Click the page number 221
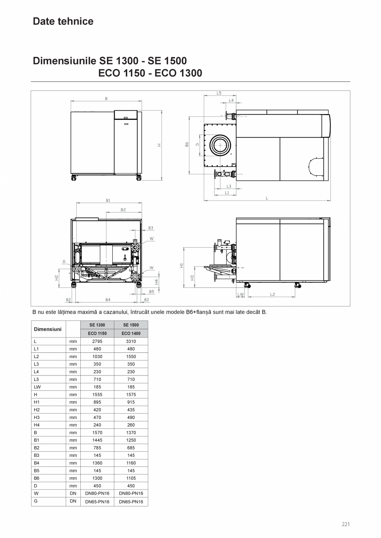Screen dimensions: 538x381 coord(346,524)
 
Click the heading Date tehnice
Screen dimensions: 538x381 coord(63,22)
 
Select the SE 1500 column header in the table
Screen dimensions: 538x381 coord(131,325)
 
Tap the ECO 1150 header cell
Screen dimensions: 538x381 coord(97,333)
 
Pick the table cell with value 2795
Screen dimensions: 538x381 coord(97,341)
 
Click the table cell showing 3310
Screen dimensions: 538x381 coord(131,341)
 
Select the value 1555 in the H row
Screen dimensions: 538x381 coord(97,395)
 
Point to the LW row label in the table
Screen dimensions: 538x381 coord(37,387)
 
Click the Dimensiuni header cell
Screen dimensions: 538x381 coord(48,329)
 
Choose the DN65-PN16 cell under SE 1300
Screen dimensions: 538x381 coord(97,502)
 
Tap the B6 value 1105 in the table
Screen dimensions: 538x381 coord(131,478)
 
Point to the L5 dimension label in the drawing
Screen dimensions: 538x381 coord(219,93)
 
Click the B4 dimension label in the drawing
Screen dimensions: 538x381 coord(108,299)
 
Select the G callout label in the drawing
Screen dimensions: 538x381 coord(64,261)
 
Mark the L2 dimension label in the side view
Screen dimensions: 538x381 coord(272,294)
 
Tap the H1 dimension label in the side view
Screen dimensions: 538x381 coord(181,266)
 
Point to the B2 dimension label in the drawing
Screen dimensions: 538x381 coord(123,210)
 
